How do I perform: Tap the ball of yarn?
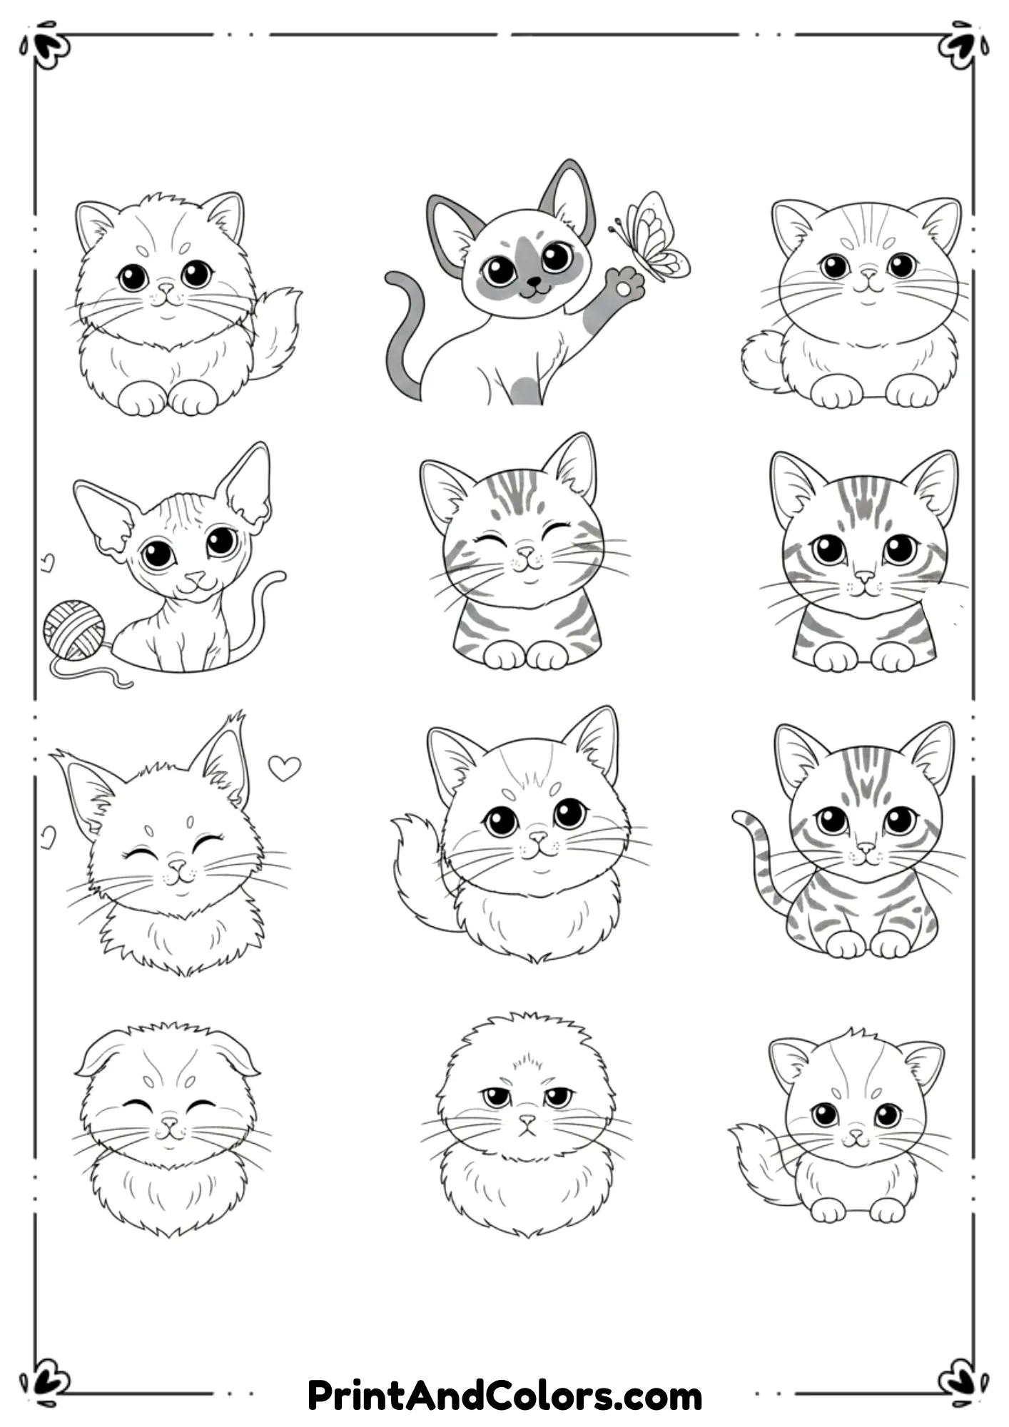(x=73, y=629)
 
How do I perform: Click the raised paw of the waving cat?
(x=626, y=285)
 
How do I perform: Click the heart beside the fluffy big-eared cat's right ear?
(x=284, y=768)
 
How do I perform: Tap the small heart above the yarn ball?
(x=48, y=562)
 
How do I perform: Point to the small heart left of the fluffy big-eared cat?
(x=48, y=836)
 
